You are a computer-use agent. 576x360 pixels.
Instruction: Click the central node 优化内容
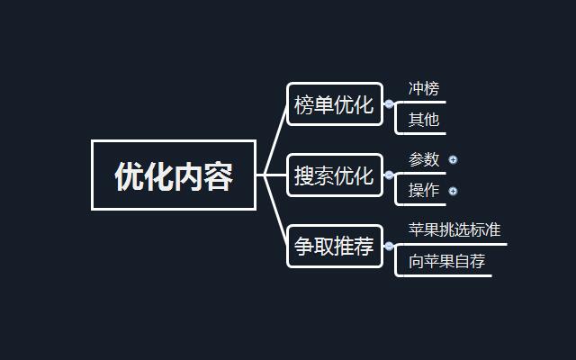pos(174,175)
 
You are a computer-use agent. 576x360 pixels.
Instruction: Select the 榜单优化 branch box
pos(333,105)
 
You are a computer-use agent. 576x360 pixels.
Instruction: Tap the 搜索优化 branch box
pos(333,175)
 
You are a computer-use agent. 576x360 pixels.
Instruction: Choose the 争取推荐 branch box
pos(333,247)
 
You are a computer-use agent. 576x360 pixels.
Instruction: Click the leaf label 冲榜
pos(424,89)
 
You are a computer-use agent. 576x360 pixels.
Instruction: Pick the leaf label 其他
pos(424,120)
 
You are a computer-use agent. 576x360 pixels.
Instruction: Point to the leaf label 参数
pos(424,159)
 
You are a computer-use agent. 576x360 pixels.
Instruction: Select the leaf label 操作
pos(424,191)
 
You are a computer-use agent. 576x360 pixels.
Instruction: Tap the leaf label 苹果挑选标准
pos(454,229)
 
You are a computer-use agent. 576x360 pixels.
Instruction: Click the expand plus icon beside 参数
pos(453,159)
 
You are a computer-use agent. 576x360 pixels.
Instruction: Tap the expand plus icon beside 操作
pos(453,191)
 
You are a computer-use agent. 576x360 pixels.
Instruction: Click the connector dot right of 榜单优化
pos(389,104)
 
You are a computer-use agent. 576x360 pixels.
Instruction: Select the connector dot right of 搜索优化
pos(389,175)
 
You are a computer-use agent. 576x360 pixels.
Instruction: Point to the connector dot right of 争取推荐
pos(389,246)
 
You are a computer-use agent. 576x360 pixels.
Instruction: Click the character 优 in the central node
pos(129,176)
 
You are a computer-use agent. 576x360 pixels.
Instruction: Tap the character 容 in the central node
pos(219,176)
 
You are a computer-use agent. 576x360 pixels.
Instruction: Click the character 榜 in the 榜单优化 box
pos(304,105)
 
